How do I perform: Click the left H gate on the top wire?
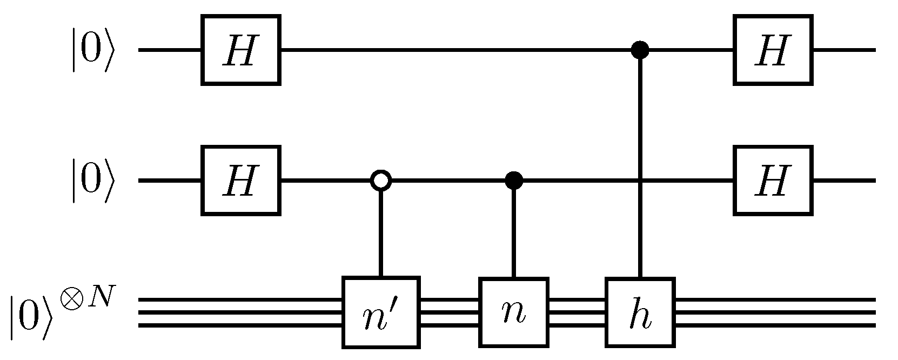pos(241,50)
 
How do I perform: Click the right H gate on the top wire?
pos(773,50)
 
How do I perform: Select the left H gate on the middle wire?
pos(241,180)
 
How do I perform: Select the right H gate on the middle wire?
pos(773,180)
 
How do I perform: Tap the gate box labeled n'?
pos(381,312)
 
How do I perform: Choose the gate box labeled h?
pos(640,312)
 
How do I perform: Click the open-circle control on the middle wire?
pos(381,181)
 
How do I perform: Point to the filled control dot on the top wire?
pos(640,50)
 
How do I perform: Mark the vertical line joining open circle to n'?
pos(381,232)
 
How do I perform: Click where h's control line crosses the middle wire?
pos(640,181)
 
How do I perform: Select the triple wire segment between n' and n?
pos(450,312)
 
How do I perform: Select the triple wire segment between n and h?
pos(577,312)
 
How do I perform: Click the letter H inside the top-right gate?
pos(773,51)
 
